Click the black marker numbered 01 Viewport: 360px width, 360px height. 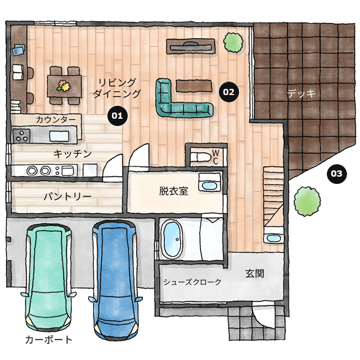pyautogui.click(x=117, y=115)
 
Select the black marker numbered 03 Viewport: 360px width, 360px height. pyautogui.click(x=336, y=174)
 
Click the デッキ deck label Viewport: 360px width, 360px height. pyautogui.click(x=301, y=93)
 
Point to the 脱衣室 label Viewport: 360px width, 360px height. pyautogui.click(x=173, y=191)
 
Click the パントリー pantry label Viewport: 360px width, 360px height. pyautogui.click(x=67, y=197)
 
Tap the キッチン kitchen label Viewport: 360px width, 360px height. pyautogui.click(x=73, y=154)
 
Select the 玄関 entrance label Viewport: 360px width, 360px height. pyautogui.click(x=255, y=274)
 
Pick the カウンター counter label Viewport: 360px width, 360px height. pyautogui.click(x=56, y=120)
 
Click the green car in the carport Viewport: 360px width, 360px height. pyautogui.click(x=49, y=276)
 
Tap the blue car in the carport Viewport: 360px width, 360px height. pyautogui.click(x=116, y=276)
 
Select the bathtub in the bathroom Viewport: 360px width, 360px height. pyautogui.click(x=173, y=240)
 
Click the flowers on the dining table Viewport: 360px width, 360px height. pyautogui.click(x=63, y=86)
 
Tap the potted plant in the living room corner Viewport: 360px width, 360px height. pyautogui.click(x=231, y=41)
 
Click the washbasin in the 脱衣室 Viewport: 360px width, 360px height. pyautogui.click(x=209, y=185)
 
